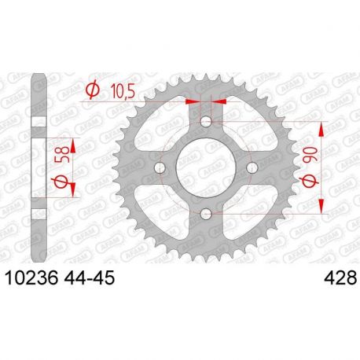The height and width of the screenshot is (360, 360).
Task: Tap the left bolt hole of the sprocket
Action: coord(161,167)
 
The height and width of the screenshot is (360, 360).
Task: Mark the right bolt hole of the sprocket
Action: coord(252,167)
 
